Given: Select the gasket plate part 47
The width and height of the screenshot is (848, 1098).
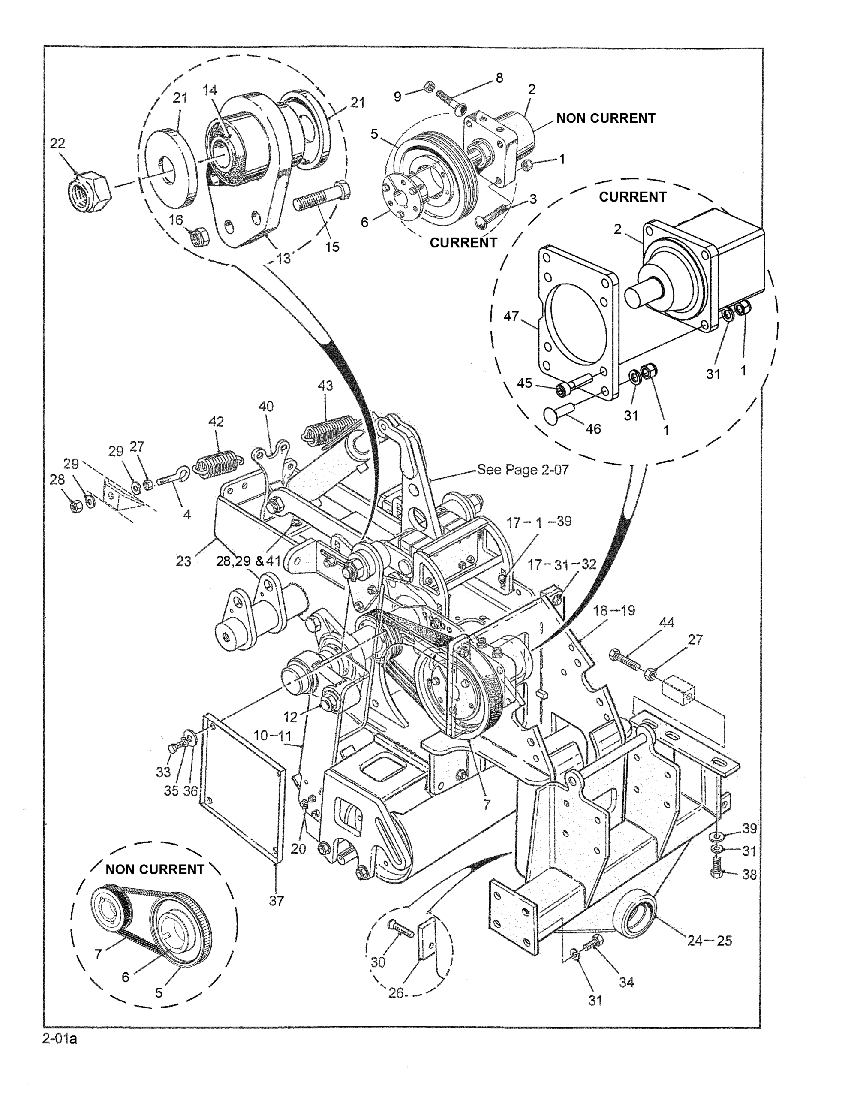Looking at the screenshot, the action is click(577, 322).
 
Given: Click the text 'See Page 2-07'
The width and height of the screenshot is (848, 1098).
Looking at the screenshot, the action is click(523, 470).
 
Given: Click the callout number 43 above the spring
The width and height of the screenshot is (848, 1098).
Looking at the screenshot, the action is click(325, 386).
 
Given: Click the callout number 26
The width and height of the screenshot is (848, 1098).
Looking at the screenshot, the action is click(396, 993).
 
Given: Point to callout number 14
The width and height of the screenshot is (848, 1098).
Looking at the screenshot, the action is click(210, 90).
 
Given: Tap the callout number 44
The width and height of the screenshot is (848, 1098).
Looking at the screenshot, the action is click(667, 622).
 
